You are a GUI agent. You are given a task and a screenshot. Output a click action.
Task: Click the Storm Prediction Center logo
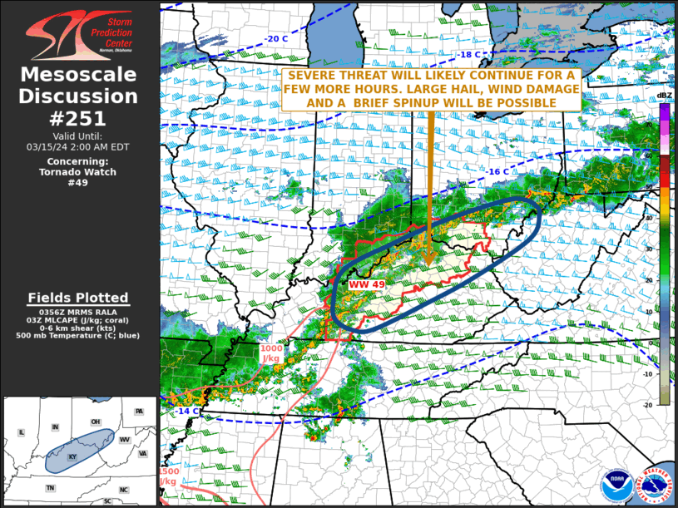78,34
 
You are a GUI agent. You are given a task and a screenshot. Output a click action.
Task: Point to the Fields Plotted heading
78,298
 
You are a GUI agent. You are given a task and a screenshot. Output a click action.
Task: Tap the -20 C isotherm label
277,39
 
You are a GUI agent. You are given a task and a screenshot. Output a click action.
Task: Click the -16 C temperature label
497,171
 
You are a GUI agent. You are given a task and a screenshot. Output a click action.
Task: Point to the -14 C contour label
186,411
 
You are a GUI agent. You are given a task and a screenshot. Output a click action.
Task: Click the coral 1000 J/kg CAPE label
271,353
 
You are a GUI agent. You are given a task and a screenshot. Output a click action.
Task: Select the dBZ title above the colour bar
664,96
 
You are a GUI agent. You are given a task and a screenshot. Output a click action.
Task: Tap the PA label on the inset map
138,412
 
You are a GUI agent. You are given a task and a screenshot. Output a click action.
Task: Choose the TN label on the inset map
51,488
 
